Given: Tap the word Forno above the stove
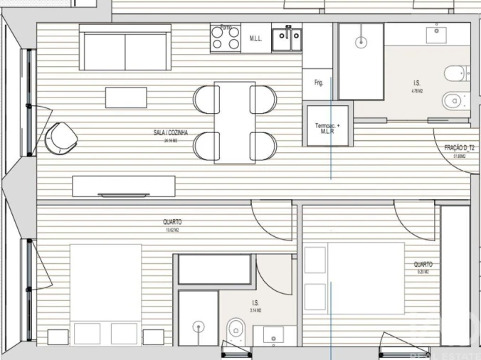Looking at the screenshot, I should [226, 28].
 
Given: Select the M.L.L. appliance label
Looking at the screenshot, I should [256, 38].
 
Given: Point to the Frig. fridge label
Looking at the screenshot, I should [318, 83].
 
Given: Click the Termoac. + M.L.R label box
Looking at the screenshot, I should [328, 127].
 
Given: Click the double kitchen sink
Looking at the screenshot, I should [289, 40].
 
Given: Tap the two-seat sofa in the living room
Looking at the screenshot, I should [125, 48].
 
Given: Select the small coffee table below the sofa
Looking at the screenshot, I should [126, 97].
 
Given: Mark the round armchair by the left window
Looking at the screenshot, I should [61, 137].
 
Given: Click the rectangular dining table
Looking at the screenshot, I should [235, 122].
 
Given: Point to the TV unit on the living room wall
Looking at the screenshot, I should [125, 186].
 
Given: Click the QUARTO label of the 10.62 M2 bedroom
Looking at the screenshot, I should [171, 222].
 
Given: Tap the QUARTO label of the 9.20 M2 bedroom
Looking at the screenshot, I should [423, 264].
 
